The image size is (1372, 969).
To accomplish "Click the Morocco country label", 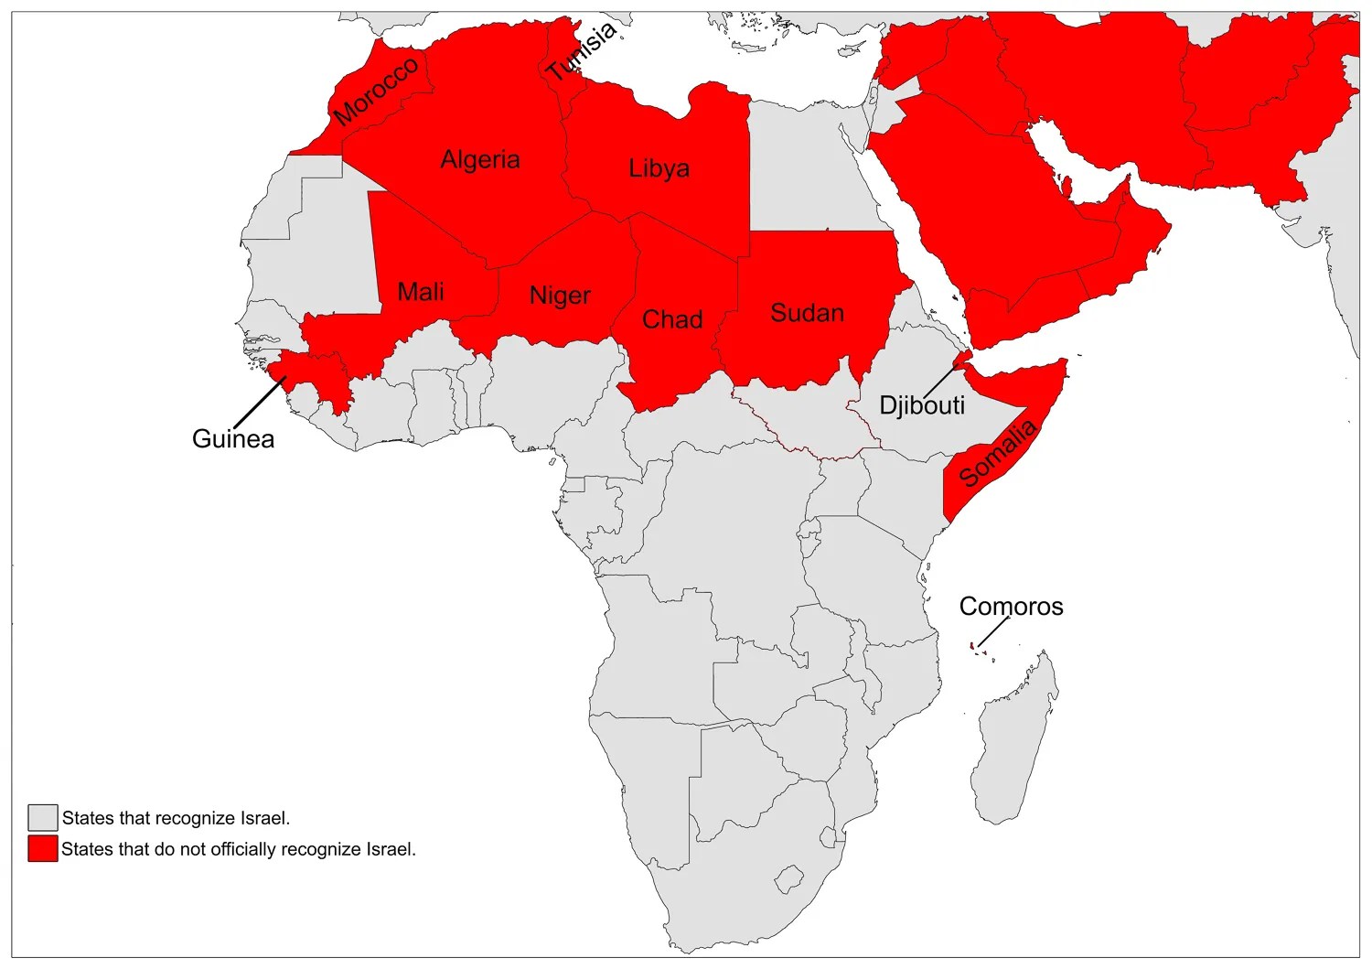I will click(x=377, y=92).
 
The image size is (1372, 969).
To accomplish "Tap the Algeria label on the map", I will click(x=480, y=160).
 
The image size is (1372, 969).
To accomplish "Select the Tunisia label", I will click(x=582, y=51).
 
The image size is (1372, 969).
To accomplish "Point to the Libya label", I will click(x=659, y=169).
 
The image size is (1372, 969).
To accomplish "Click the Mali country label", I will click(x=421, y=292).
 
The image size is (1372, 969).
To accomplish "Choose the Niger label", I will click(x=560, y=296).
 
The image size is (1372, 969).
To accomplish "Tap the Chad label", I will click(x=672, y=319).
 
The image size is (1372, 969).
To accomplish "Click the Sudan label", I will click(x=807, y=313).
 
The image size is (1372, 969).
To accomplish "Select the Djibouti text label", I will click(x=922, y=405).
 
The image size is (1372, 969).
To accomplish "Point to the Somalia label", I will click(x=998, y=453).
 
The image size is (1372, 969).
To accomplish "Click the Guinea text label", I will click(x=233, y=439).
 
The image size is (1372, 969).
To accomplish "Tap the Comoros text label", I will click(x=1011, y=607).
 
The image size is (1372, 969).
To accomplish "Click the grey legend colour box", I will click(x=42, y=818).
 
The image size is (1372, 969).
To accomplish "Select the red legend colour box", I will click(x=42, y=849).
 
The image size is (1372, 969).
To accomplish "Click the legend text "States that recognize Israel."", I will click(x=176, y=818).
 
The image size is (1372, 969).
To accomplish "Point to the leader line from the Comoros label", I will click(x=993, y=631).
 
